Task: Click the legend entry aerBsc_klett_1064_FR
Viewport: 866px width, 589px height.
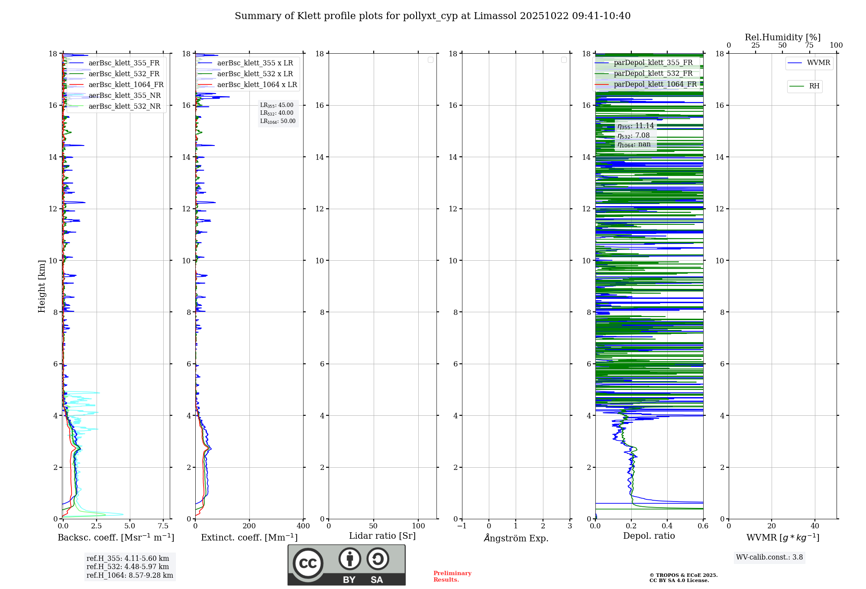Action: coord(126,85)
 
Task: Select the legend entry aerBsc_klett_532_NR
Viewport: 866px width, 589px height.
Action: coord(124,107)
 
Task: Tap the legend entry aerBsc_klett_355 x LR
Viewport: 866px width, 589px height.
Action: coord(255,63)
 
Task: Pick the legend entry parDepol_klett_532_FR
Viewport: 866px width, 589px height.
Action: coord(653,74)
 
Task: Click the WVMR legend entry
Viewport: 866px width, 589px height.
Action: coord(818,63)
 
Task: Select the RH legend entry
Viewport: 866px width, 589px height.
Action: coord(814,86)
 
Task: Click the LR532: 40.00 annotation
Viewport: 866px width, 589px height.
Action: coord(277,113)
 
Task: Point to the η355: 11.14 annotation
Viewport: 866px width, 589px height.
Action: coord(636,126)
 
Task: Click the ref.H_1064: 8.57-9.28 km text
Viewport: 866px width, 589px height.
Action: coord(129,576)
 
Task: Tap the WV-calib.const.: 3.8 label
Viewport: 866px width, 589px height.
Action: coord(769,557)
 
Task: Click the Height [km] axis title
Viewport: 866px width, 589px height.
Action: coord(42,286)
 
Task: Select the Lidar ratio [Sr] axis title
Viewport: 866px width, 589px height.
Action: coord(382,536)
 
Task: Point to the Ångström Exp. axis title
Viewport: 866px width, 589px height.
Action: coord(516,538)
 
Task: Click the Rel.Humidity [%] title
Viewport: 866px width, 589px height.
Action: coord(782,37)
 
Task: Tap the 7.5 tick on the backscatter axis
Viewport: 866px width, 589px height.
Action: coord(163,526)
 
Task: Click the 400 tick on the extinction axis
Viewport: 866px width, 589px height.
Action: coord(303,526)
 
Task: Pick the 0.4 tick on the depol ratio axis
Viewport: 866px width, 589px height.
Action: coord(667,526)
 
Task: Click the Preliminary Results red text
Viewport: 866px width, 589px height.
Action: coord(452,576)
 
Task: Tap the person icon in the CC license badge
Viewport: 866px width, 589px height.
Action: coord(349,559)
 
